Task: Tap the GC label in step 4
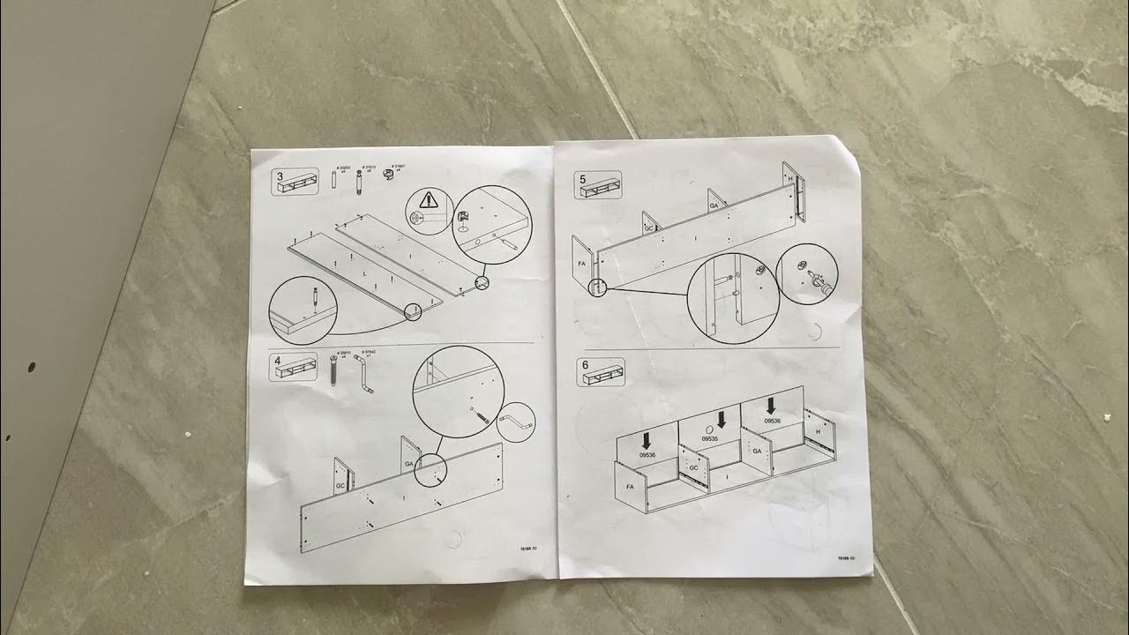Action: (340, 486)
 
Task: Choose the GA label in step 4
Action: (409, 462)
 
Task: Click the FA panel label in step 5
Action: (581, 263)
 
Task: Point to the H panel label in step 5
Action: (790, 180)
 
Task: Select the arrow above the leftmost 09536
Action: (647, 438)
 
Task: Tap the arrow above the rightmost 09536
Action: (772, 405)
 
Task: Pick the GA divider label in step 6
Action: (756, 451)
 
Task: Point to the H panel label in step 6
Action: (818, 431)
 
